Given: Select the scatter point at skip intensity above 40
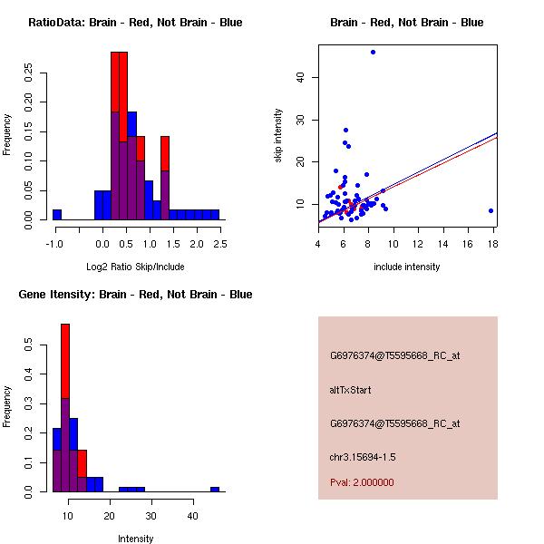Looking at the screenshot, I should click(373, 52).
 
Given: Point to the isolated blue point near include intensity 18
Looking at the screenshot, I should click(491, 210).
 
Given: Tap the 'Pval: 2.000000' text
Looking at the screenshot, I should click(362, 482).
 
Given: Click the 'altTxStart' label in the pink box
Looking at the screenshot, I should click(351, 390).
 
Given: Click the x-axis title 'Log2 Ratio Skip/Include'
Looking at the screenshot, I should click(135, 267).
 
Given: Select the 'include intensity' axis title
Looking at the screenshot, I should click(407, 267).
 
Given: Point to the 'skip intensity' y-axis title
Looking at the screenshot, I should click(279, 136).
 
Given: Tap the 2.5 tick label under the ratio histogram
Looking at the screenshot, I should click(219, 244).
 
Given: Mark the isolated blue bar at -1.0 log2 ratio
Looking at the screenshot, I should click(57, 214).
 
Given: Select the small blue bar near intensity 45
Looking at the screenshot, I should click(215, 489).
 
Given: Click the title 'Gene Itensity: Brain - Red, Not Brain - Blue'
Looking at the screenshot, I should click(135, 295).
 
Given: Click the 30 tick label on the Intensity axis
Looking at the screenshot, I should click(151, 516).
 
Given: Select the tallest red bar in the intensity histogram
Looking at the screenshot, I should click(65, 407).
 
